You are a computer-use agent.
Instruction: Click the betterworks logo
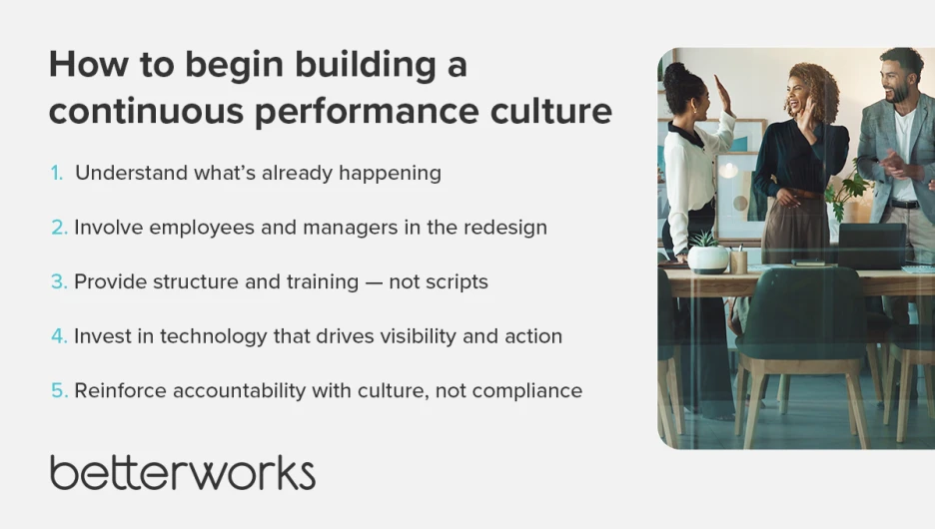(183, 472)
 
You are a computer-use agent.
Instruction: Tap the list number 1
(57, 173)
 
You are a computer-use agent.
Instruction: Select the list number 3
(59, 281)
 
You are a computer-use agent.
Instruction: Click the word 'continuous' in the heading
(146, 111)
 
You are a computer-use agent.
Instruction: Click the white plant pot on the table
(708, 260)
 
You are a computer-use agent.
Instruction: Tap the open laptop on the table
(872, 246)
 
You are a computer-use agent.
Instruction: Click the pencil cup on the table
(739, 262)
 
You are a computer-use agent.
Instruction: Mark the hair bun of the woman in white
(674, 73)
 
